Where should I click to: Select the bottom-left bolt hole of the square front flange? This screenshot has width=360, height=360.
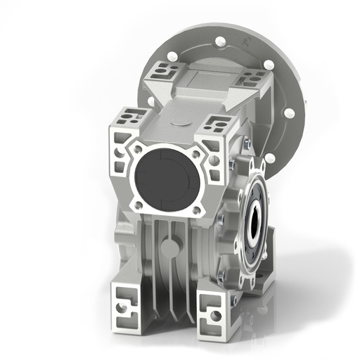coord(139,205)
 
